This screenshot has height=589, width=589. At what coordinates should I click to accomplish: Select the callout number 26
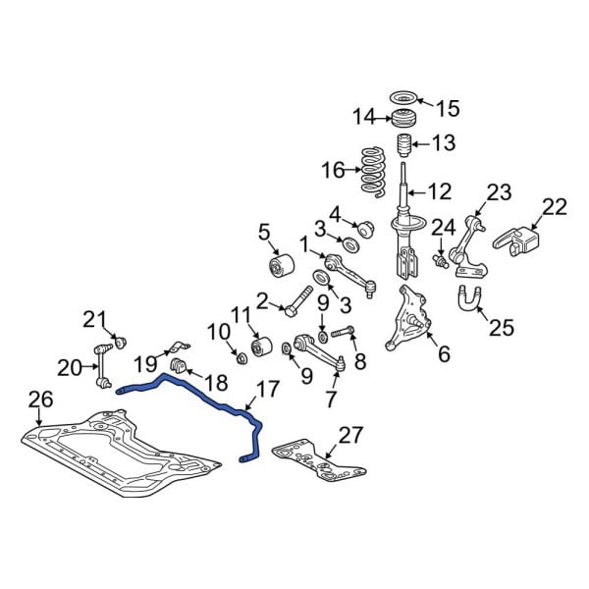[x=39, y=401]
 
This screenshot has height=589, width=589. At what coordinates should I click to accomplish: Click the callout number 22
[x=555, y=207]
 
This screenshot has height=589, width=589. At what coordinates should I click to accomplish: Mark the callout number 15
[x=447, y=107]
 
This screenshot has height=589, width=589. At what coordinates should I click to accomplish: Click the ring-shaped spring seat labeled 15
[x=402, y=98]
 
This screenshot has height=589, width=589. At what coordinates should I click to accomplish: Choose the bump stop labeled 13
[x=402, y=151]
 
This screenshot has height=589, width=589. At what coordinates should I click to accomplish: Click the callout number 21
[x=92, y=318]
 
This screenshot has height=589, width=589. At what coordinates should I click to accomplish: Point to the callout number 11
[x=241, y=315]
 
